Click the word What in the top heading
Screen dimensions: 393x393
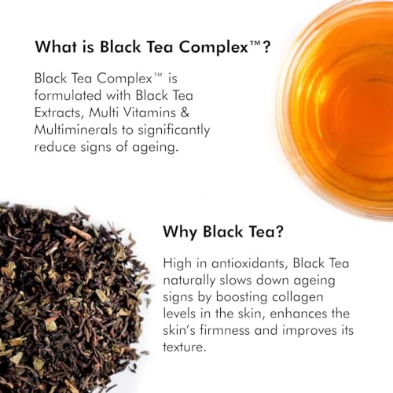(x=56, y=47)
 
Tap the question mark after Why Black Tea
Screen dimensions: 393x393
(x=279, y=232)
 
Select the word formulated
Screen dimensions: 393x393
(x=68, y=95)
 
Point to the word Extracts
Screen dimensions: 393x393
(x=59, y=112)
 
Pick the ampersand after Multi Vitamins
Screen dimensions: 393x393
(x=185, y=112)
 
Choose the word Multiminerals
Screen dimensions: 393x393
(x=75, y=130)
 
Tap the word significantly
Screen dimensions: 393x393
(x=174, y=130)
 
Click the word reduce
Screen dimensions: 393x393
(x=55, y=147)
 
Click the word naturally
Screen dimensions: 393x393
(x=189, y=281)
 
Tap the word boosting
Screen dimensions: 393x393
(x=241, y=298)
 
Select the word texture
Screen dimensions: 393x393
(x=183, y=347)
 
